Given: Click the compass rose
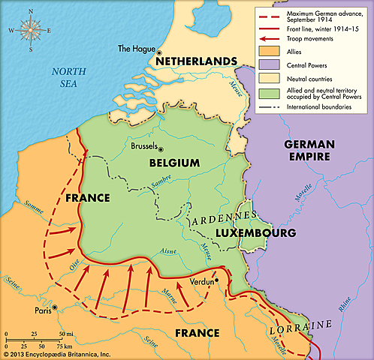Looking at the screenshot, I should coord(31,29).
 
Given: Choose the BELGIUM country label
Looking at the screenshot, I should coord(174,163).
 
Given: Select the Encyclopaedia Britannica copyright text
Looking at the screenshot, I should coord(56,353).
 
